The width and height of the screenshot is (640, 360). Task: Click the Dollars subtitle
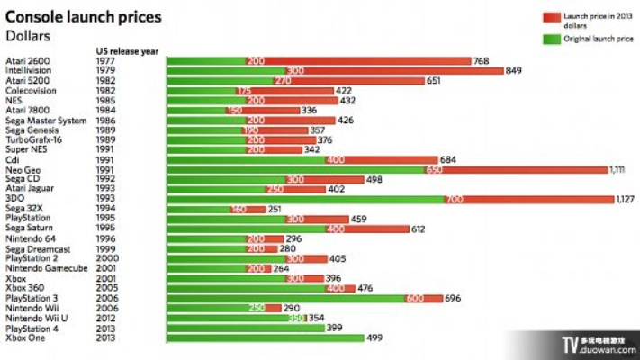[28, 35]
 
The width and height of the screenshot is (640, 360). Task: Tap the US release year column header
[126, 51]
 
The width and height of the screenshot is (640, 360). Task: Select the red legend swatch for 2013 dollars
[551, 17]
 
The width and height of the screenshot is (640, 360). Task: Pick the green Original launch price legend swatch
[551, 39]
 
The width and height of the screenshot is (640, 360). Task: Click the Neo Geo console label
[23, 168]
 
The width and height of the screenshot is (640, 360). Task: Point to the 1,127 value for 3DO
[627, 199]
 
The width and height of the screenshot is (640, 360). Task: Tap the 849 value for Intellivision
[515, 70]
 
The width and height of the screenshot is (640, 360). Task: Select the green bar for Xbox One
[266, 337]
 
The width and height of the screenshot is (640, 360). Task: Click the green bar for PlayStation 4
[245, 328]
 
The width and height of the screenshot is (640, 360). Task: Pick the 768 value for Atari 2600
[482, 61]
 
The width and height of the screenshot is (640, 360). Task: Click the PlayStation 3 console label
[31, 298]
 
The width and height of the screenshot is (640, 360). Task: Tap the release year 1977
[104, 61]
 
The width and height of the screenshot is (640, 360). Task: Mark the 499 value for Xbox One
[374, 337]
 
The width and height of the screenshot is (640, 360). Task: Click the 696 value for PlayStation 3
[453, 298]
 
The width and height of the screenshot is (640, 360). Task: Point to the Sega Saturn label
[30, 229]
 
